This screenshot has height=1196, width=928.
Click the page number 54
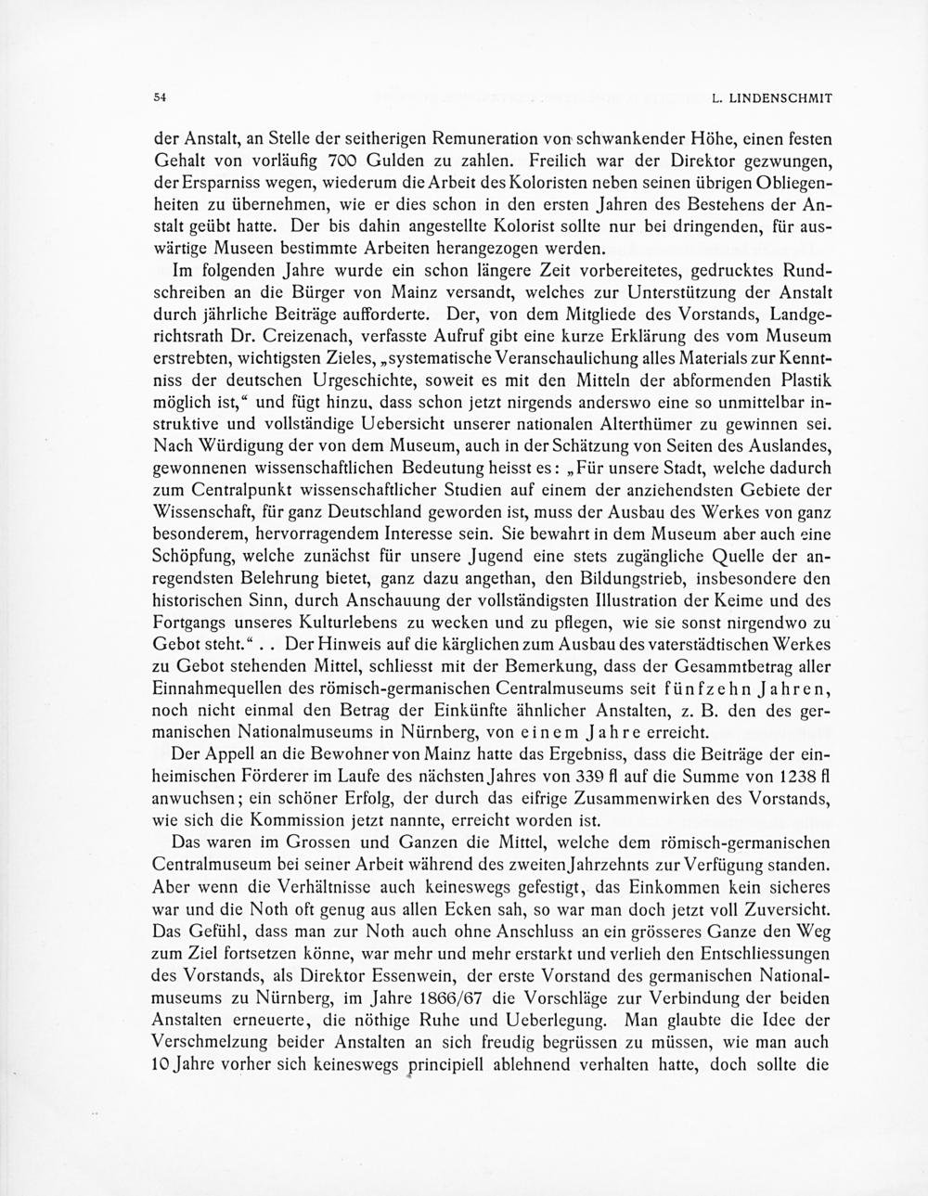coord(160,96)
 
